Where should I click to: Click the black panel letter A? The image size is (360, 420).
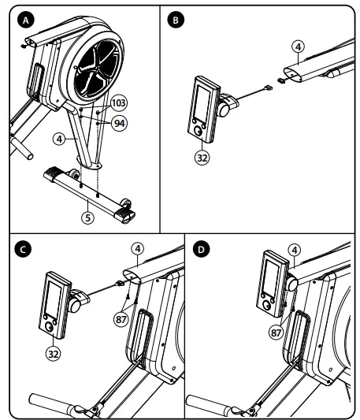(x=26, y=20)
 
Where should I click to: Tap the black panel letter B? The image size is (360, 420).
(x=176, y=20)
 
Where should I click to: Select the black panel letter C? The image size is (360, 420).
(x=23, y=249)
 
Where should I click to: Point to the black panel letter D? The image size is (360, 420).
(x=201, y=249)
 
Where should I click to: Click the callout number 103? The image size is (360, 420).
(x=119, y=103)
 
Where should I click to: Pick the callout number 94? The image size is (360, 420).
(x=120, y=123)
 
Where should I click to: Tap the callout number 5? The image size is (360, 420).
(x=88, y=217)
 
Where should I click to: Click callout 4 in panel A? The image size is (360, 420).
(x=59, y=139)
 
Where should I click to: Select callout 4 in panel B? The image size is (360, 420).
(x=298, y=46)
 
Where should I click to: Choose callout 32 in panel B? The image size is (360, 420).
(x=202, y=158)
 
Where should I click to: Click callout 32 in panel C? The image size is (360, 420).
(x=54, y=354)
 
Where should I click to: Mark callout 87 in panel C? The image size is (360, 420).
(x=121, y=319)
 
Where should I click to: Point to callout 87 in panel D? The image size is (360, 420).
(x=276, y=333)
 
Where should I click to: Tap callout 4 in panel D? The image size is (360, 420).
(x=295, y=250)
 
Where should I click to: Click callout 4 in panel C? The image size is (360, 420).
(x=137, y=249)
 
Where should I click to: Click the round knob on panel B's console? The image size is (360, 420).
(x=199, y=132)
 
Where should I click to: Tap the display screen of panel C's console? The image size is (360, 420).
(x=53, y=297)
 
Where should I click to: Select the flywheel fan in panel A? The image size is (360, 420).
(x=97, y=69)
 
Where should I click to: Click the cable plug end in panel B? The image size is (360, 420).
(x=269, y=87)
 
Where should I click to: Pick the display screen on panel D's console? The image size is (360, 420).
(x=270, y=278)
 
